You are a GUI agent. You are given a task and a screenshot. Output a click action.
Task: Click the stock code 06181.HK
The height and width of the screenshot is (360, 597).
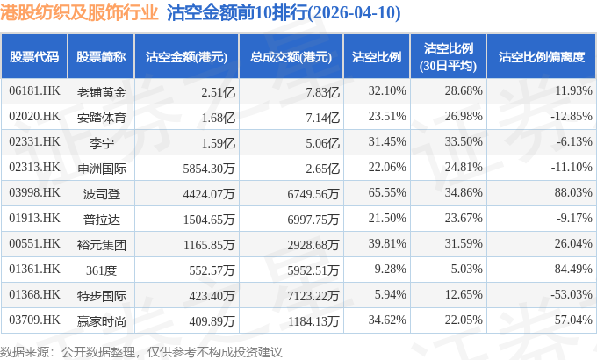pos(34,90)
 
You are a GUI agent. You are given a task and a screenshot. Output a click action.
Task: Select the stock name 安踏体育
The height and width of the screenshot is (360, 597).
pos(101,118)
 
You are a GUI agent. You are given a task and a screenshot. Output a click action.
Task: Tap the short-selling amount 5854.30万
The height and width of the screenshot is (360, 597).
pos(209,169)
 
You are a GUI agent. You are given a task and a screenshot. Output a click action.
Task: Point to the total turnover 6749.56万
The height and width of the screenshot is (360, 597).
pos(313,194)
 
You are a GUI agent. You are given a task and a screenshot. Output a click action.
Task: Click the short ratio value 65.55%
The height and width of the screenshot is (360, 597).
pos(387,192)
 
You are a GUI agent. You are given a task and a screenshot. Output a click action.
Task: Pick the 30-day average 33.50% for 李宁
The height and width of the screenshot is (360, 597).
pos(464,141)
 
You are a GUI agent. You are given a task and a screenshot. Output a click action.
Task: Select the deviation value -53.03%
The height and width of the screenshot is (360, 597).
pos(572,294)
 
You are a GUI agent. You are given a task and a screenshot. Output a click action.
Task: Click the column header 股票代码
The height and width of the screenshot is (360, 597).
pos(34,57)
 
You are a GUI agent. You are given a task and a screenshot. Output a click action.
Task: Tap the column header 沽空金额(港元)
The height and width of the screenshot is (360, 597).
pos(186,57)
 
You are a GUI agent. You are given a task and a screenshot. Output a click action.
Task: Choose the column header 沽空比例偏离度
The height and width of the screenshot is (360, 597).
pos(542,57)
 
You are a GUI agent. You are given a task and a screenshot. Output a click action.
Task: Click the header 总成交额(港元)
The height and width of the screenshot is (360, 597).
pos(291,57)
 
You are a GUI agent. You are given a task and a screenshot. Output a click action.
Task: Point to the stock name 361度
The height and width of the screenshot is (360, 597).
pos(101,270)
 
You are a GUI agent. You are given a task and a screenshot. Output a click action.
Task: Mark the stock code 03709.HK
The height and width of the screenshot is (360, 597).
pos(34,320)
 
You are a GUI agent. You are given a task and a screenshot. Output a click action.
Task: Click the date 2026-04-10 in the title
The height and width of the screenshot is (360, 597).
pos(353,13)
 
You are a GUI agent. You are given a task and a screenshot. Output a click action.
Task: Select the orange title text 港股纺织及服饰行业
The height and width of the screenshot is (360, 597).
pos(79,12)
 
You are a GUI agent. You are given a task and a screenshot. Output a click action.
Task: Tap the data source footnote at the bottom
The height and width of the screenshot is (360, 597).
pos(140,352)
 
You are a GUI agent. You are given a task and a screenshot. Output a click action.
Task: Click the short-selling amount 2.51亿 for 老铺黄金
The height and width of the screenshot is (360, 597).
pos(218,92)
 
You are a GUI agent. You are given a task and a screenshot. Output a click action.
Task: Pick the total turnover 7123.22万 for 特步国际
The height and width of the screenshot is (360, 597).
pos(313,296)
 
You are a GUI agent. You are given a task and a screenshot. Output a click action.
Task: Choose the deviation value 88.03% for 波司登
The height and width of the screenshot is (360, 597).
pos(573,192)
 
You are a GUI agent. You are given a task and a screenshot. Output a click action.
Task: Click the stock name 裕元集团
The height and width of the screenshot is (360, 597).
pos(101,245)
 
